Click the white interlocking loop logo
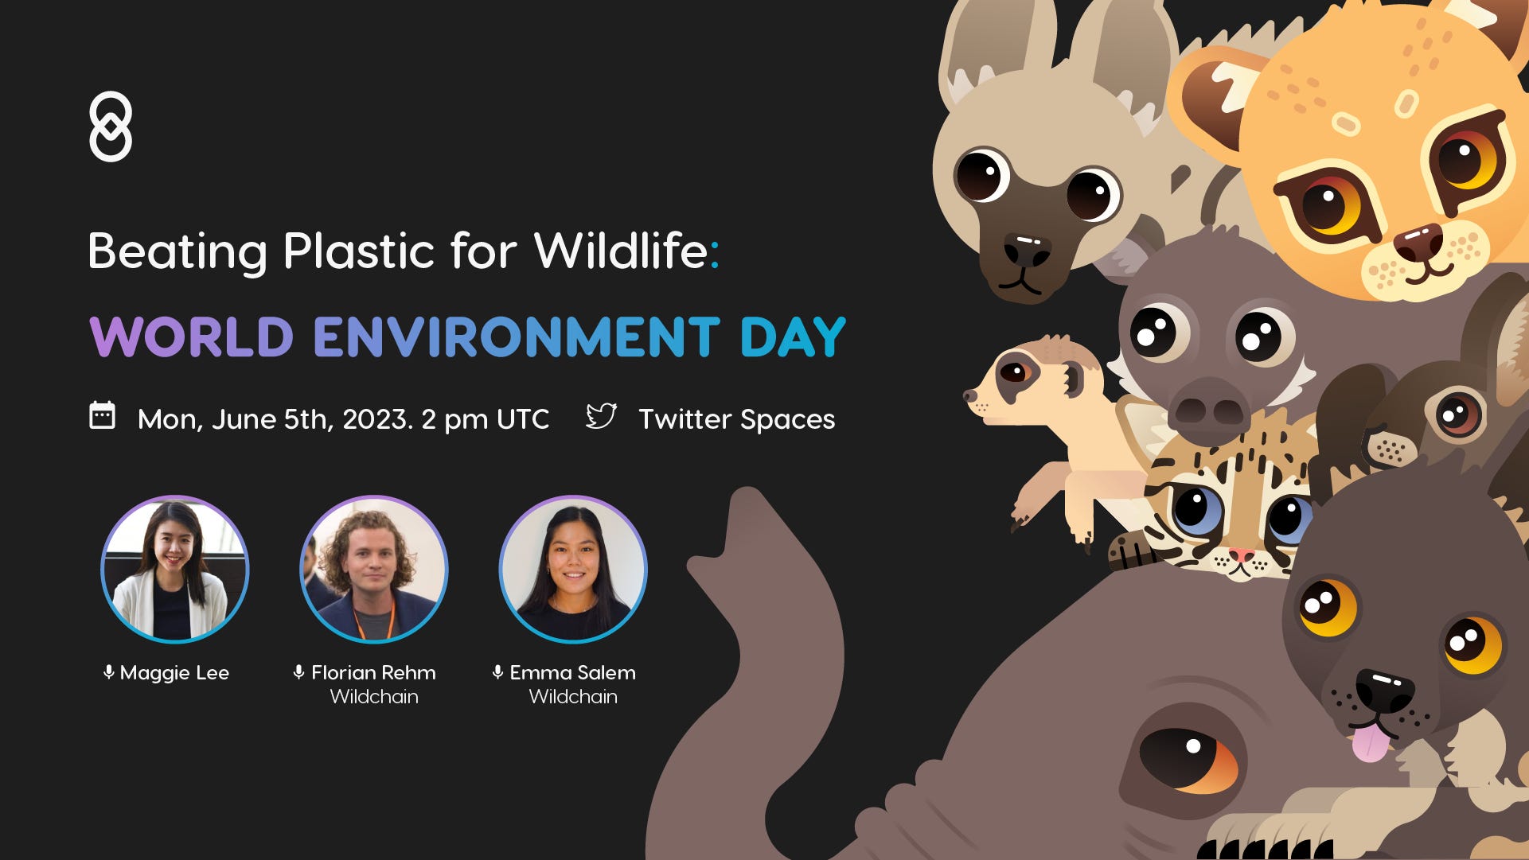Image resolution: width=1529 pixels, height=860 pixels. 111,126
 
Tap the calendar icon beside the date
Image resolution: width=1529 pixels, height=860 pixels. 102,416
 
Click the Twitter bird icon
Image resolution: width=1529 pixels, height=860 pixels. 601,416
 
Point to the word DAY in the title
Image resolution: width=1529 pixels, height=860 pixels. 793,337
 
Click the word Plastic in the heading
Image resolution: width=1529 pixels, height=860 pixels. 358,251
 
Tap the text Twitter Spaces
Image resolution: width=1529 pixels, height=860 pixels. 737,419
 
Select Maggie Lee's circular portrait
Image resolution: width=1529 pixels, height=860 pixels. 175,569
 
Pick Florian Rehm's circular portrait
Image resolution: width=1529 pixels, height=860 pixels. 374,569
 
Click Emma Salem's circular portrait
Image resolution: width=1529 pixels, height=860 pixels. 573,569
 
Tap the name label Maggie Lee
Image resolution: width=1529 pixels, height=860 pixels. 174,673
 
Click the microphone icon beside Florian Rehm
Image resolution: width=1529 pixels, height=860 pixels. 298,672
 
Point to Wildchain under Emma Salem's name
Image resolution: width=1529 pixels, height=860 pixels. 573,697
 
